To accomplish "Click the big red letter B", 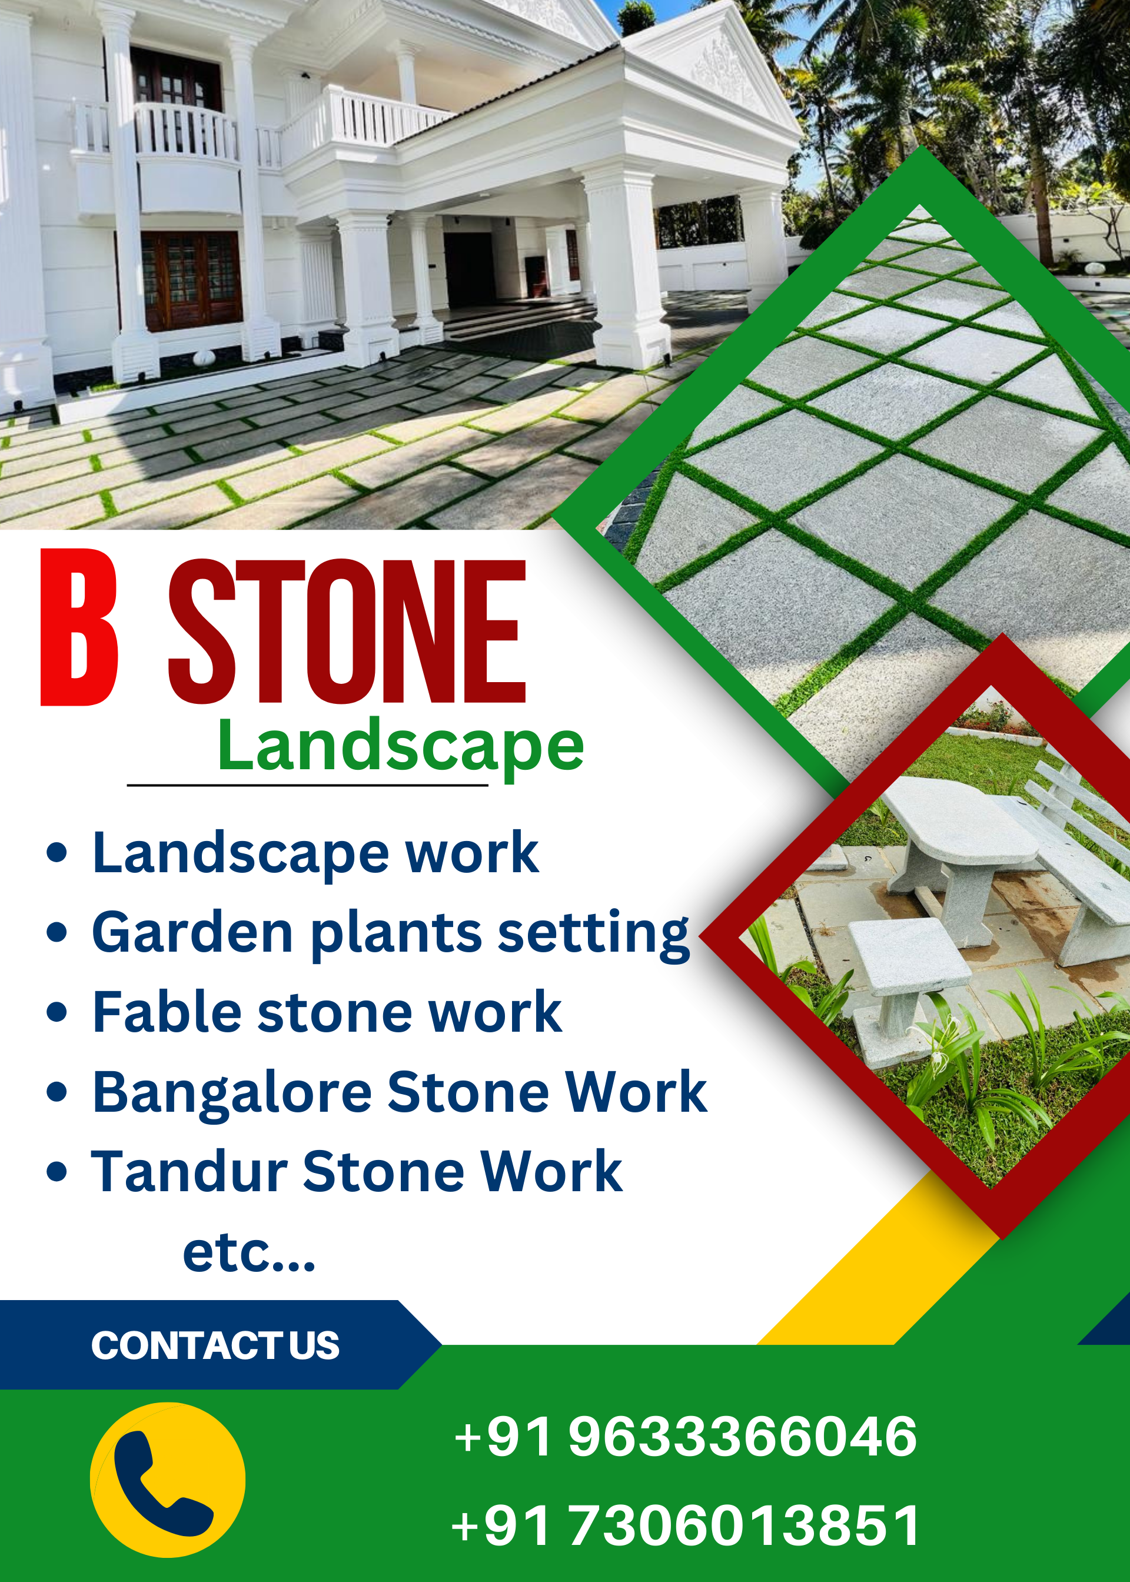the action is (x=79, y=627).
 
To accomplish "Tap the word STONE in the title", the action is (x=347, y=631).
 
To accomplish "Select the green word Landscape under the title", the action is (x=400, y=746).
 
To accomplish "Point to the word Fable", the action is (x=167, y=1012).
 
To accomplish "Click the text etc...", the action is (x=248, y=1252).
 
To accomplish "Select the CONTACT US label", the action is (x=215, y=1345).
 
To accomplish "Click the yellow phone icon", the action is (x=168, y=1480).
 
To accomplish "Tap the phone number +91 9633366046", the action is (x=686, y=1436).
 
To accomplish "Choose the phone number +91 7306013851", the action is (x=686, y=1525).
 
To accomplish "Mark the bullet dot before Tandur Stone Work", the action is (x=56, y=1171).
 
